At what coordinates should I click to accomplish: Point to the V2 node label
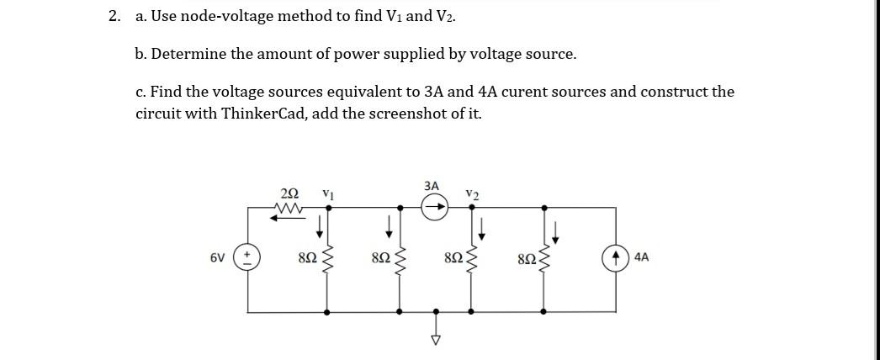tap(472, 194)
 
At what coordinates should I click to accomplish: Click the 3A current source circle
tap(435, 207)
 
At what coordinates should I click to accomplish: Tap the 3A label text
tap(432, 184)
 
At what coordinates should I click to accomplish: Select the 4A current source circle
tap(614, 257)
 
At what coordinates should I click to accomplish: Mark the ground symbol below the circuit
tap(435, 338)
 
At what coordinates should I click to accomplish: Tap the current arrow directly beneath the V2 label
tap(480, 225)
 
